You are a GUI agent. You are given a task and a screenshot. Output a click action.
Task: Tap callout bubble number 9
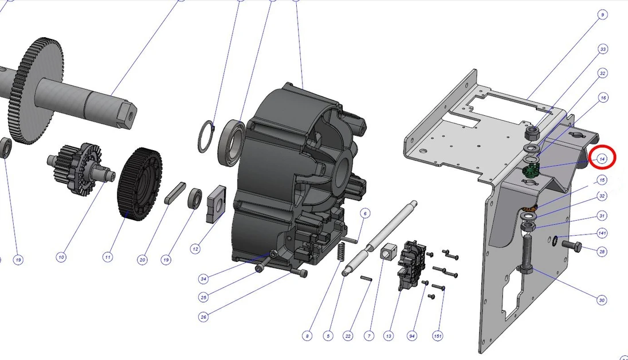pyautogui.click(x=602, y=14)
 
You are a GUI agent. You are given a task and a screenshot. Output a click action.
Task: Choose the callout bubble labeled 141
pyautogui.click(x=602, y=233)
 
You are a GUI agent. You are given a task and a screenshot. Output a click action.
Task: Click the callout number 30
pyautogui.click(x=602, y=300)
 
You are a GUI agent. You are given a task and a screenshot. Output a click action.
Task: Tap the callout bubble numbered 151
pyautogui.click(x=438, y=336)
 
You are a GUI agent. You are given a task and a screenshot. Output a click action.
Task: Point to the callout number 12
pyautogui.click(x=195, y=249)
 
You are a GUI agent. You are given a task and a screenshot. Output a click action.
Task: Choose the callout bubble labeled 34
pyautogui.click(x=203, y=279)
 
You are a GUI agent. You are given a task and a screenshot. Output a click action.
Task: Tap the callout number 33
pyautogui.click(x=602, y=50)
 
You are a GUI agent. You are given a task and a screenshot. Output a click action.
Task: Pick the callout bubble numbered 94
pyautogui.click(x=411, y=336)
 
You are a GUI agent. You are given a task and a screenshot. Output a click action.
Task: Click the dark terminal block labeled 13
pyautogui.click(x=413, y=264)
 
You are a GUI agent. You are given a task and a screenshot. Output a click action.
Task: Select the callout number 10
pyautogui.click(x=61, y=257)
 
